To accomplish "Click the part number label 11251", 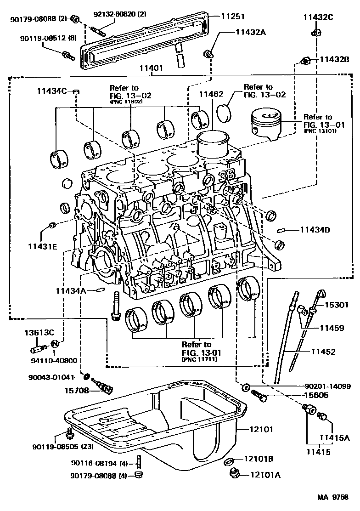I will pos(232,16).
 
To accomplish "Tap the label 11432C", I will pos(318,18).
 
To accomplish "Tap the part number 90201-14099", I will pos(327,386).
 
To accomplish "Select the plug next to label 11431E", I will pos(52,225).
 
